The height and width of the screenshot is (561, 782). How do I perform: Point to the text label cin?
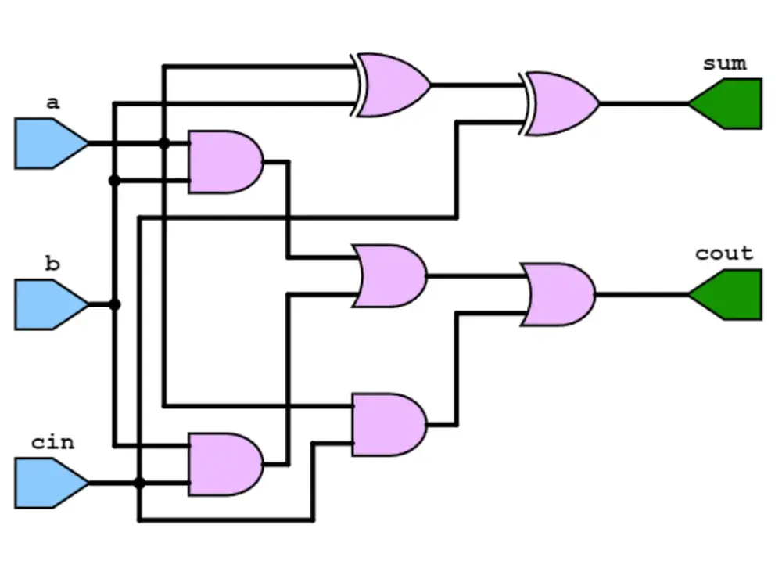tap(52, 442)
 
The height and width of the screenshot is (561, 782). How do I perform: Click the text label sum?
tap(724, 63)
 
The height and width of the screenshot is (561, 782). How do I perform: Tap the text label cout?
tap(724, 254)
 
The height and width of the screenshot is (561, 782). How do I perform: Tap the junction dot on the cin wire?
tap(139, 483)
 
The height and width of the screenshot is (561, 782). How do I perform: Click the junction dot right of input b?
tap(115, 304)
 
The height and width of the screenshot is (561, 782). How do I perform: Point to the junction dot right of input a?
tap(163, 143)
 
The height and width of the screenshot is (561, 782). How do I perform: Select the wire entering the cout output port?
tap(641, 295)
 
